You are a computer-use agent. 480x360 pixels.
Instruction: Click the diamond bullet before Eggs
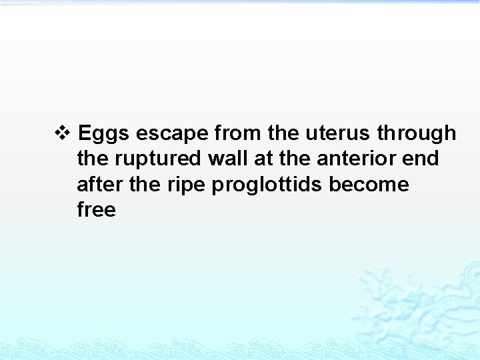point(61,133)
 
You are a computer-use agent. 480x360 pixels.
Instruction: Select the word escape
point(172,134)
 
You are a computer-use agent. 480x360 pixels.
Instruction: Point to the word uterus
point(338,133)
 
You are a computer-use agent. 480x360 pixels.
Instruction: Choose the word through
point(417,134)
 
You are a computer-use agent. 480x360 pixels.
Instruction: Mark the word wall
point(236,159)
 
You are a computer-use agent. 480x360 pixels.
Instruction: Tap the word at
point(272,159)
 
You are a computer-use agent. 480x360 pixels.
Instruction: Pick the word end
point(423,159)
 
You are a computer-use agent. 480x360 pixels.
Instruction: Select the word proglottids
point(267,185)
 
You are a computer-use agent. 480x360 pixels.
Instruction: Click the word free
point(97,209)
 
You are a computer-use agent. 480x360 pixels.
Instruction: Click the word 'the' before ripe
point(145,184)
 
